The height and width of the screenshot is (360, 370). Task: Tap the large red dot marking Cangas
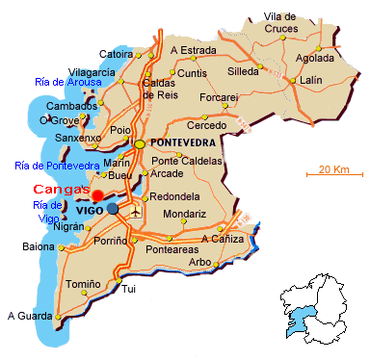(97, 195)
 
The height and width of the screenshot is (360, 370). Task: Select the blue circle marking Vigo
(113, 207)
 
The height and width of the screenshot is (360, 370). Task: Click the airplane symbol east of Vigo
(135, 208)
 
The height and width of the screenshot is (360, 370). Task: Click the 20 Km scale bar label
(332, 169)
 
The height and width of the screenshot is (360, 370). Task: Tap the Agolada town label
(319, 57)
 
